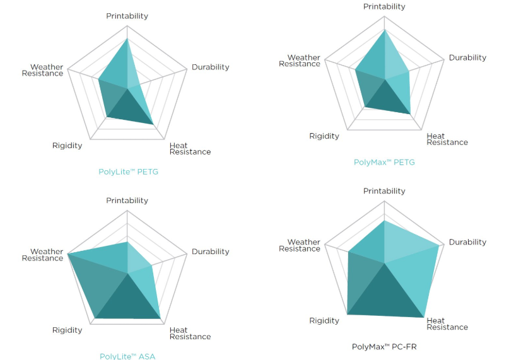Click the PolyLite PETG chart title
tap(128, 171)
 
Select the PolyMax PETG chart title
tap(384, 162)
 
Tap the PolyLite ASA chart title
tap(127, 356)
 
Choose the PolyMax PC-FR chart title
tap(383, 347)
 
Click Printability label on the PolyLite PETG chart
tap(127, 16)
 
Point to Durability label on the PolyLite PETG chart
tap(211, 67)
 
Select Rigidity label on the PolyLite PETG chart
tap(67, 146)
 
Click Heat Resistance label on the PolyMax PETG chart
tap(447, 139)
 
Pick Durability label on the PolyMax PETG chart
tap(467, 57)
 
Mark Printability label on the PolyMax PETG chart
tap(384, 6)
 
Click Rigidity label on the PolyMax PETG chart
tap(324, 136)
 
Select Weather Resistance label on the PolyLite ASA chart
tap(43, 255)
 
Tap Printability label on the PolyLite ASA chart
tap(127, 200)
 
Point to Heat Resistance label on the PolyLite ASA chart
tap(190, 333)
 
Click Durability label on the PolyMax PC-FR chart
tap(467, 242)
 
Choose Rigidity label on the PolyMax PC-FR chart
tap(324, 321)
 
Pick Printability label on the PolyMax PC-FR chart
tap(384, 191)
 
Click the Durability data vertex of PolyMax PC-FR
tap(439, 246)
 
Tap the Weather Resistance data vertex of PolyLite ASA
tap(68, 253)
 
